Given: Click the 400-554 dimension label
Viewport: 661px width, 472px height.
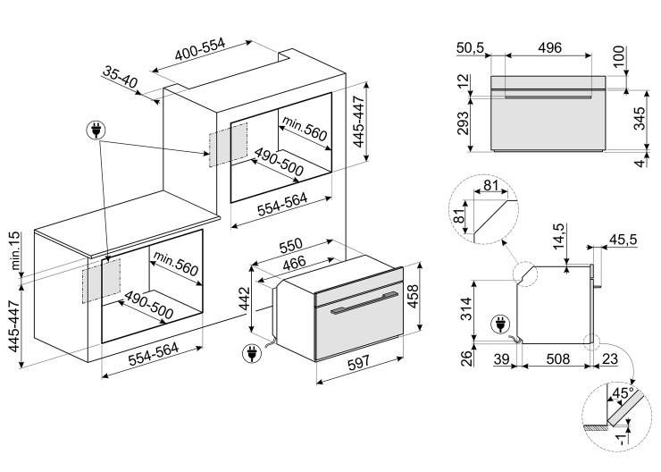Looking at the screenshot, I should [199, 53].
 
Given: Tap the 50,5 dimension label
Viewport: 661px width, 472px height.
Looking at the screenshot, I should [469, 47].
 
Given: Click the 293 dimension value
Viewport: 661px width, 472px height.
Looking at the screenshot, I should [463, 122].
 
